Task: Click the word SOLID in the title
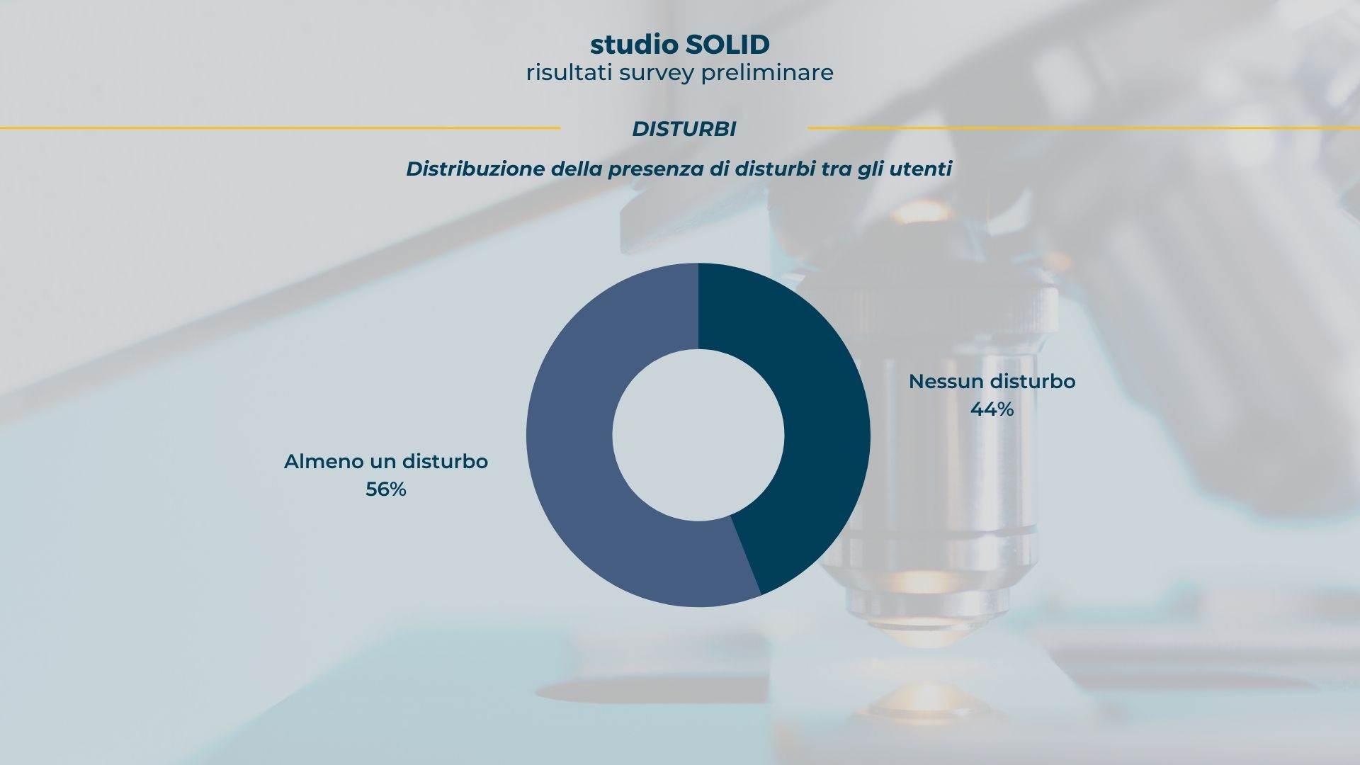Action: coord(727,45)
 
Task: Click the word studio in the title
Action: coord(634,45)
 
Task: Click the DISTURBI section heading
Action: coord(684,129)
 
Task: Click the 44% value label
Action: coord(992,409)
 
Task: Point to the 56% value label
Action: coord(386,489)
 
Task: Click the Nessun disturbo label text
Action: coord(992,381)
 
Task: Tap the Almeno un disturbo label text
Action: coord(386,461)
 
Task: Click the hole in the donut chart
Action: coord(698,435)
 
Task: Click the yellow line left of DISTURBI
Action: coord(280,128)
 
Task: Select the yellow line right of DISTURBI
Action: coord(1084,128)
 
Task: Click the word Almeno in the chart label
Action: coord(324,461)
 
